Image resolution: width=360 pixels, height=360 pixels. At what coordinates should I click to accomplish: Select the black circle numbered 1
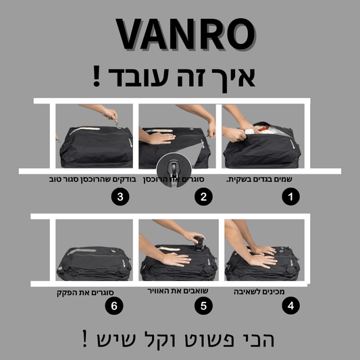[x=290, y=197]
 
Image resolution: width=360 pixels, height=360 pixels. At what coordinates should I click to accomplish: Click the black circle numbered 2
[x=204, y=197]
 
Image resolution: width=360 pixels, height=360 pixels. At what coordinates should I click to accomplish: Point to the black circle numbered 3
[x=120, y=197]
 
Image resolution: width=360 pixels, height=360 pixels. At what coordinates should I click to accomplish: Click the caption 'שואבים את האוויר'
[x=178, y=291]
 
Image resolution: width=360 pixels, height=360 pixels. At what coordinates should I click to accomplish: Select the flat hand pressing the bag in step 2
[x=160, y=138]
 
